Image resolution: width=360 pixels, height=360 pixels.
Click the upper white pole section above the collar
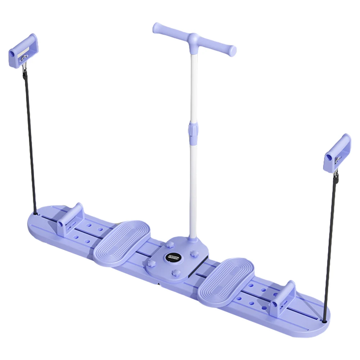point(194,86)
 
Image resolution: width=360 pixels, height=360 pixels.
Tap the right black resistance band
point(330,245)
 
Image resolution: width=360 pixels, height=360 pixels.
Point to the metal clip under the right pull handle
point(336,176)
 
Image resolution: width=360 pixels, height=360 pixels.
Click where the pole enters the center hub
point(192,237)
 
